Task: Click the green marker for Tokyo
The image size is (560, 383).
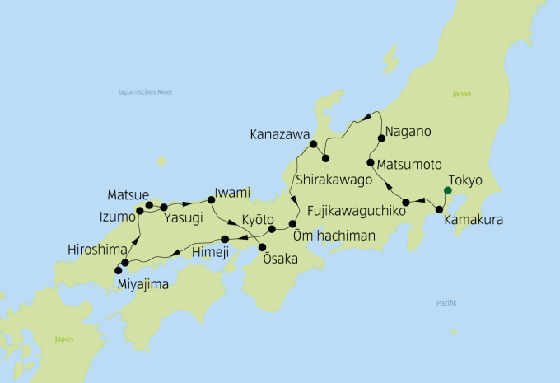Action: (x=447, y=191)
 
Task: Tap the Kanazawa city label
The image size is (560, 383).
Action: (x=279, y=133)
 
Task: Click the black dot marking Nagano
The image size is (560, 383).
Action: (x=382, y=138)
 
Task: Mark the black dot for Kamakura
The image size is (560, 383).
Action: (x=439, y=209)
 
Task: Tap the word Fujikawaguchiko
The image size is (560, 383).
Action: (x=357, y=212)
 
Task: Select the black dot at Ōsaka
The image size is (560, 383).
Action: (x=263, y=247)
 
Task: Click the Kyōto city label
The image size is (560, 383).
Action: (x=261, y=220)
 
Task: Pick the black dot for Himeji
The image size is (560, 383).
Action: (x=225, y=239)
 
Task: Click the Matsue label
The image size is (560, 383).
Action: (x=127, y=195)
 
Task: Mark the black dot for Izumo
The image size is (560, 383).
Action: (x=140, y=211)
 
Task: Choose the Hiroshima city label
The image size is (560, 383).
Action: (x=98, y=249)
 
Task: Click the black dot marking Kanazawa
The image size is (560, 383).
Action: (x=313, y=145)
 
